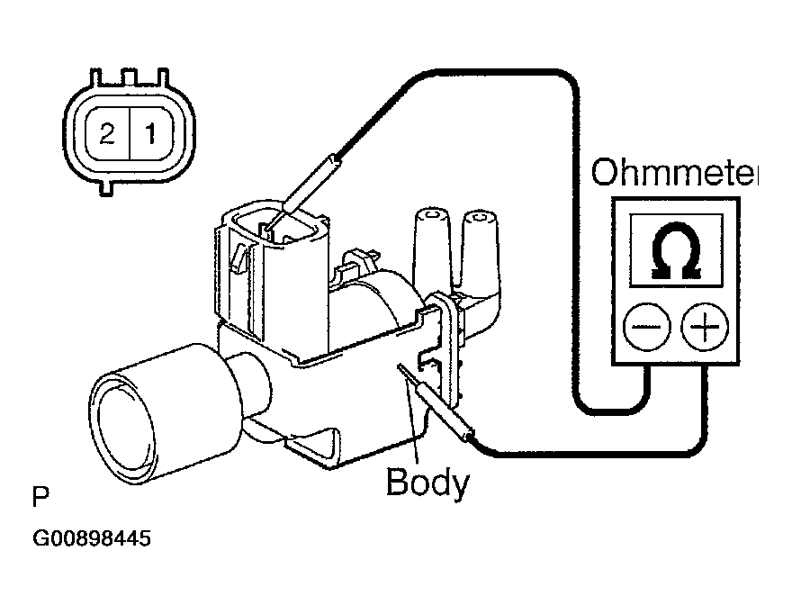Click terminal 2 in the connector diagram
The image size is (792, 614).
[x=107, y=135]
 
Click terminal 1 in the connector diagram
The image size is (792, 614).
[x=150, y=135]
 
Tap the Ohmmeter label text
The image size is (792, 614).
[x=673, y=173]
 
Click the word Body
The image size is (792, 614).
[x=427, y=483]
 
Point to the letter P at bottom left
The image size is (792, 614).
[x=40, y=496]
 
